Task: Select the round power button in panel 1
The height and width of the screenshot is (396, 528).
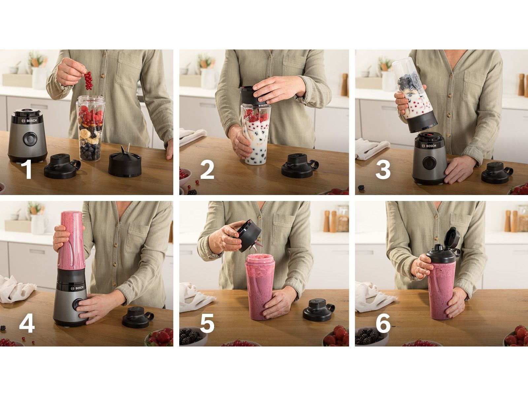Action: [29, 139]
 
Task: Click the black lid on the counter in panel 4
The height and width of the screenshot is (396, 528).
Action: [137, 317]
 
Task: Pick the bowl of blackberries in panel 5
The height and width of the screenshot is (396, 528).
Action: [193, 336]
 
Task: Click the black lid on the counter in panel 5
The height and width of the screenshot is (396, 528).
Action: [318, 310]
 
